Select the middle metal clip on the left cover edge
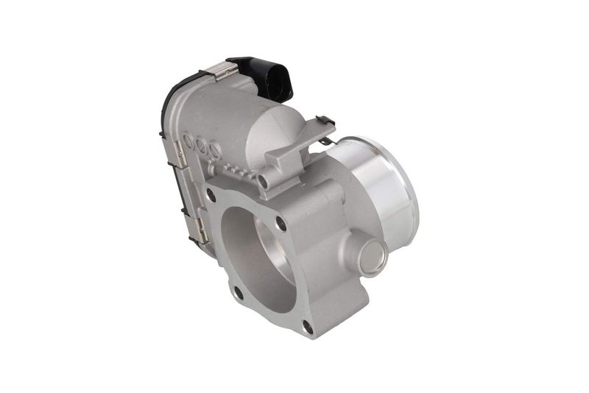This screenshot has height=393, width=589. tap(177, 152)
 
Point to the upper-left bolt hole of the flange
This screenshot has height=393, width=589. tap(211, 196)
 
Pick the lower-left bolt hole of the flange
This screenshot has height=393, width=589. tap(239, 292)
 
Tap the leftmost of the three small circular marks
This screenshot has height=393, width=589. tap(189, 138)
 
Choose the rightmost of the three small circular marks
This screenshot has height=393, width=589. tap(215, 152)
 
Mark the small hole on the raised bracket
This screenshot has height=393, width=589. tap(262, 179)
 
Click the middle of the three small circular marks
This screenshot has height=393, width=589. tap(202, 144)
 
